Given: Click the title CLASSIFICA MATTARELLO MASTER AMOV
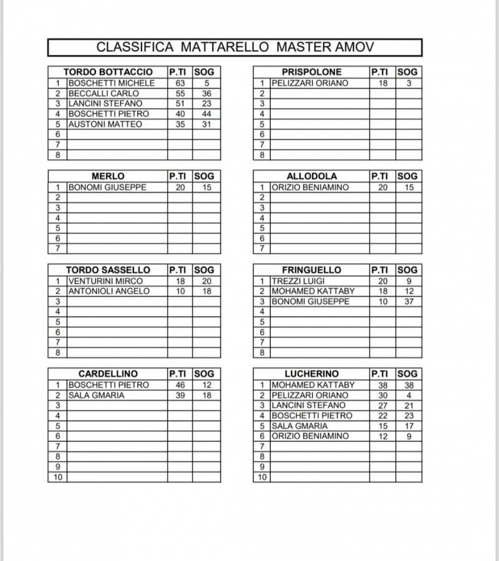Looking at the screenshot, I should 235,47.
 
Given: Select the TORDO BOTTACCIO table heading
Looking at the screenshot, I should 108,72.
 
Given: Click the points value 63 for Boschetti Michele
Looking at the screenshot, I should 180,83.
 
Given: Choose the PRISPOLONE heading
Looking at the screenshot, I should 312,72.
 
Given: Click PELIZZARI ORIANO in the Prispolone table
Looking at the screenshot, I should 310,83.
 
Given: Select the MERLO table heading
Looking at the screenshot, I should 108,176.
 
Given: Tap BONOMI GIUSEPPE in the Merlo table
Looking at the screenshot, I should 107,187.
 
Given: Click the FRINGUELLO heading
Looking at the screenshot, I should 312,270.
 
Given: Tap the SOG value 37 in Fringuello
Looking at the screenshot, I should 409,302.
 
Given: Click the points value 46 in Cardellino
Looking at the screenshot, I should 180,385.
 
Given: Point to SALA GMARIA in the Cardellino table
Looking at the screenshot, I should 96,395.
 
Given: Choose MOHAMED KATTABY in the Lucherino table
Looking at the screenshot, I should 313,385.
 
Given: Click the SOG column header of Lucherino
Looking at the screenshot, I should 409,374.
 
